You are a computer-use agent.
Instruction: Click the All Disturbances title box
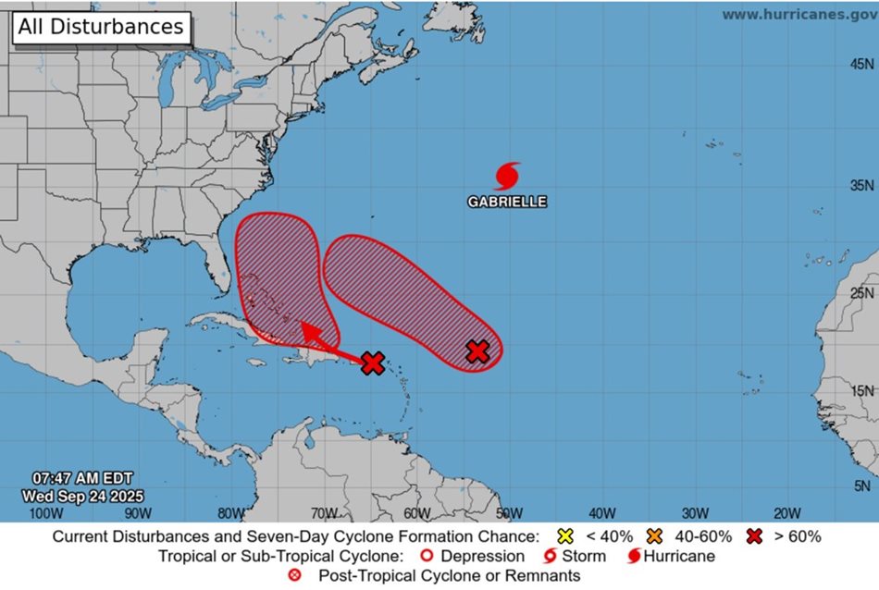101,27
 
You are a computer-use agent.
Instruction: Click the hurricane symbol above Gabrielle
506,176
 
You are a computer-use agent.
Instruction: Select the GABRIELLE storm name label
506,202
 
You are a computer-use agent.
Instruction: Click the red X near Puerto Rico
372,363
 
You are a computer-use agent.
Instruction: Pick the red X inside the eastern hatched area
477,350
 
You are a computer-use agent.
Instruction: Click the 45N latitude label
862,64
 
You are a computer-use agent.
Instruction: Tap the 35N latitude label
862,186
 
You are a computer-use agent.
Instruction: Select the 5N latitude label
862,486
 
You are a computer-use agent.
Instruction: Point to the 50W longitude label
509,513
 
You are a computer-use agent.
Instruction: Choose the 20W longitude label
786,513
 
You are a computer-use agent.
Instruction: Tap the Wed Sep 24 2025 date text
83,495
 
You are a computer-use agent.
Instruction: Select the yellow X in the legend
563,536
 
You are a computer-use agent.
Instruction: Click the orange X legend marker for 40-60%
653,536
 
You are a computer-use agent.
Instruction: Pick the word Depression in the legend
482,556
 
